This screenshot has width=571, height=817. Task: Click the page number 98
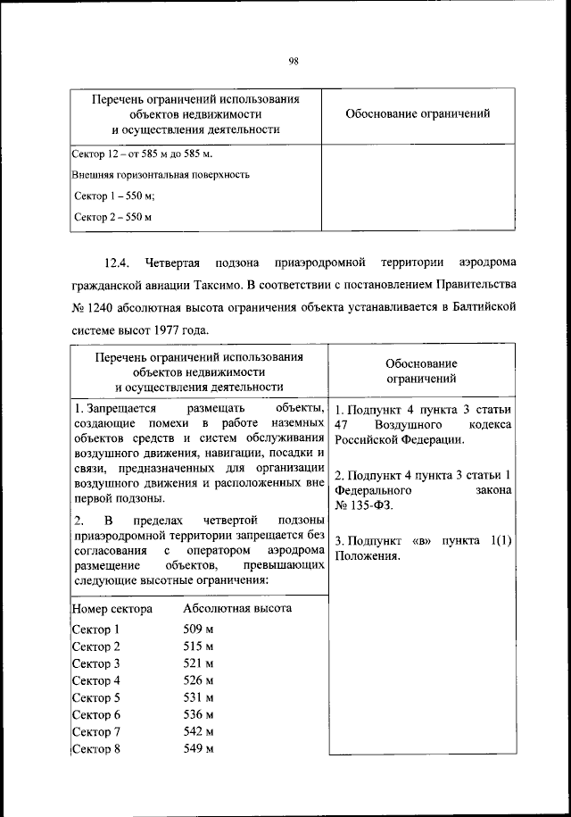coord(293,62)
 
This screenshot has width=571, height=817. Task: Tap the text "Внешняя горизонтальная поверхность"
coord(161,175)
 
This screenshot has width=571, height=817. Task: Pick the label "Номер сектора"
coord(112,609)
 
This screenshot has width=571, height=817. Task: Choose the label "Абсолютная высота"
coord(237,609)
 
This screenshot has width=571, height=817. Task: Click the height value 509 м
coord(198,629)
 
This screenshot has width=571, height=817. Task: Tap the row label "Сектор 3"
coord(95,663)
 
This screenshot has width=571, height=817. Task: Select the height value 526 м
coord(198,680)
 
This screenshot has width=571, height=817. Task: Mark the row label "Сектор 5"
coord(95,697)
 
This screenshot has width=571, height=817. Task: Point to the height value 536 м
coord(198,714)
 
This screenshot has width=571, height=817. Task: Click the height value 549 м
coord(198,748)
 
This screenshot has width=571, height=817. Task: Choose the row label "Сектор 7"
coord(95,731)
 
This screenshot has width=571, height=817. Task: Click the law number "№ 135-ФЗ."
coord(364,506)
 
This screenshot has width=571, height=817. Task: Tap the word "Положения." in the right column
coord(368,556)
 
